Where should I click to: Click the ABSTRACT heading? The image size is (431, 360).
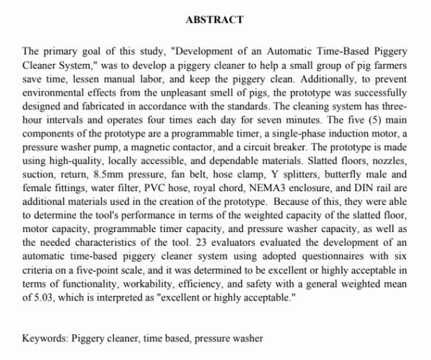click(214, 19)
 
